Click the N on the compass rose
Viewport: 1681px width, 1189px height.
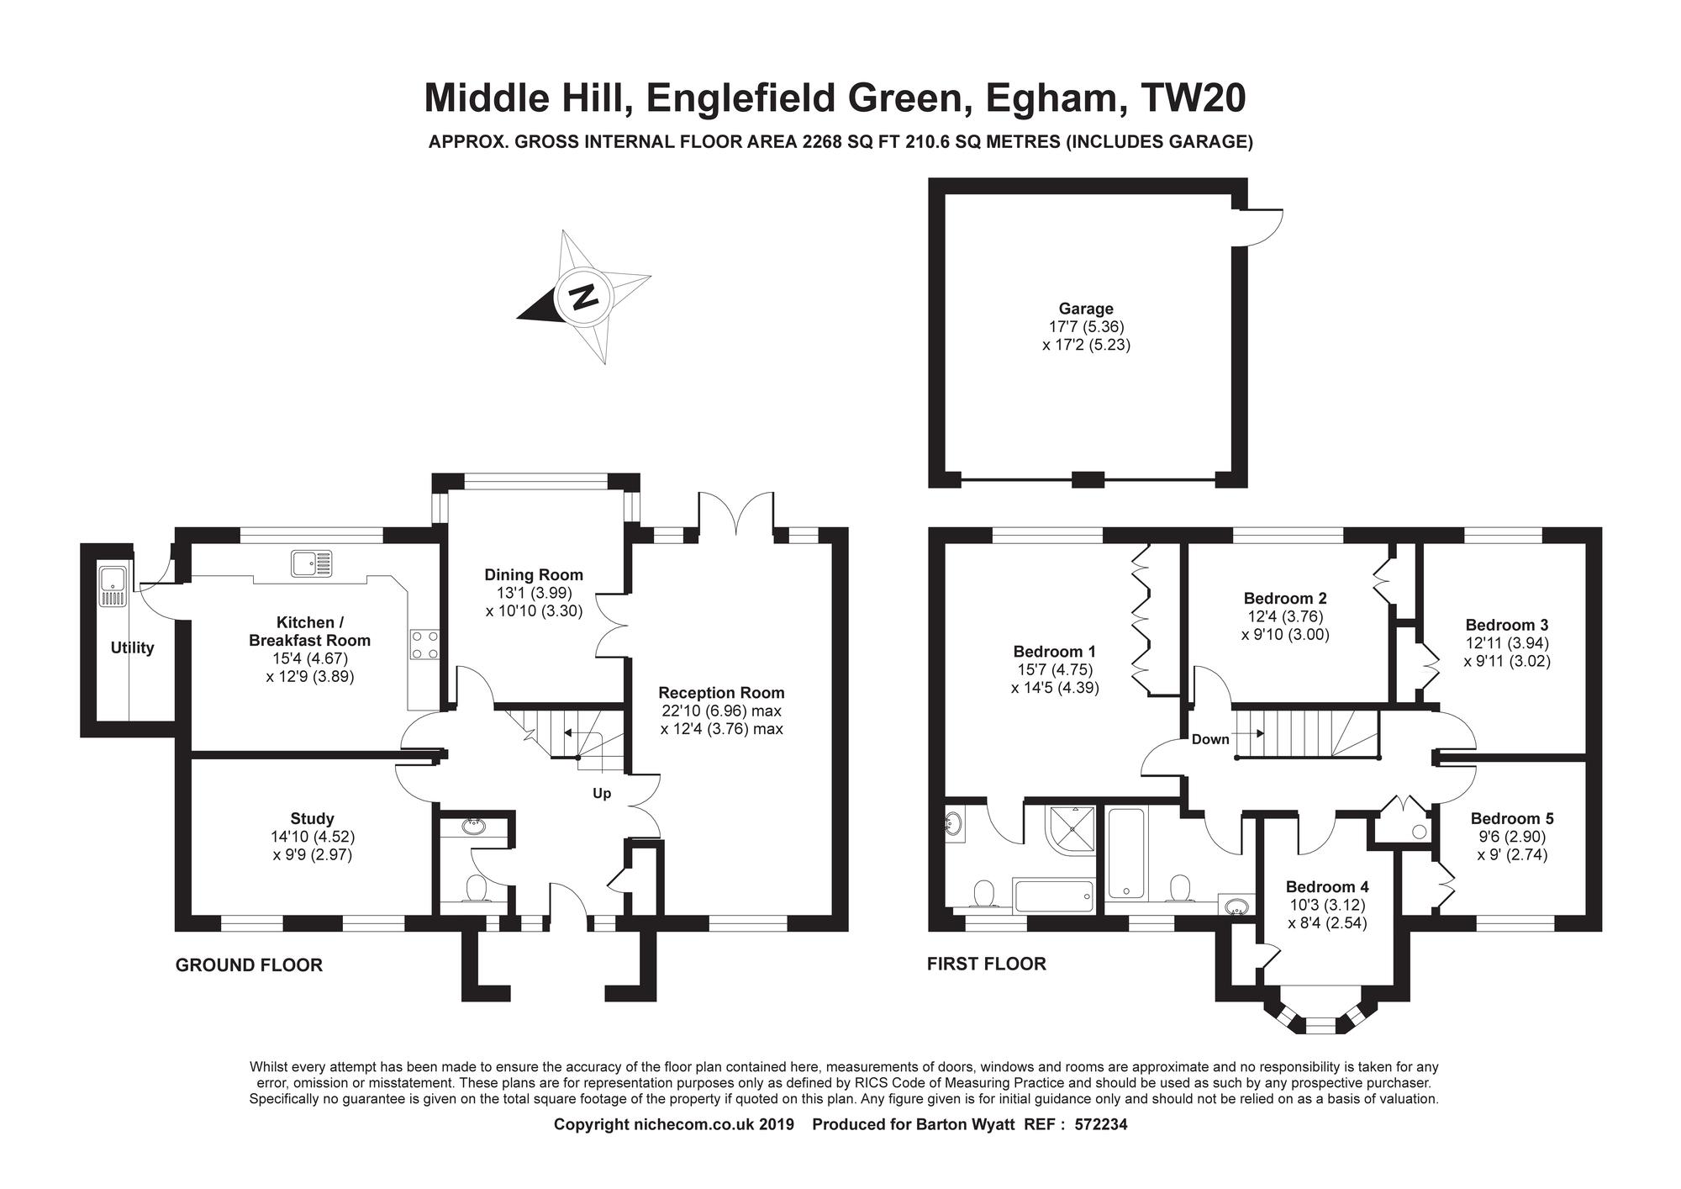pyautogui.click(x=583, y=296)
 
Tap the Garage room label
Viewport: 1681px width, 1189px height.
pyautogui.click(x=1086, y=309)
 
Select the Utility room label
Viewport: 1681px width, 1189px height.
pyautogui.click(x=132, y=647)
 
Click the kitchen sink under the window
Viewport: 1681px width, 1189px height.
pyautogui.click(x=311, y=563)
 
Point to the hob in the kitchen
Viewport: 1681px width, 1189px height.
pyautogui.click(x=424, y=645)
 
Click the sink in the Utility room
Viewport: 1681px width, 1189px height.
pyautogui.click(x=112, y=586)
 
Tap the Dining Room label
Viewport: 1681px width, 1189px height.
pyautogui.click(x=534, y=575)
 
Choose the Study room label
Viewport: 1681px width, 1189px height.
pyautogui.click(x=312, y=818)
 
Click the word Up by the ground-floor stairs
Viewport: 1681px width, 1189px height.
pyautogui.click(x=602, y=794)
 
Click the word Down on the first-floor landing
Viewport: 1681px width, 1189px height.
pyautogui.click(x=1210, y=739)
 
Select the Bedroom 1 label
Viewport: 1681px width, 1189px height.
pyautogui.click(x=1055, y=651)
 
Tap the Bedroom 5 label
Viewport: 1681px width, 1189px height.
pyautogui.click(x=1512, y=818)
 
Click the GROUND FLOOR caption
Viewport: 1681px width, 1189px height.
pyautogui.click(x=249, y=965)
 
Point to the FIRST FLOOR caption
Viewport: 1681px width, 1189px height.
pyautogui.click(x=987, y=964)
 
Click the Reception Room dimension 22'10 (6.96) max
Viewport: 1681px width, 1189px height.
pyautogui.click(x=721, y=711)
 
